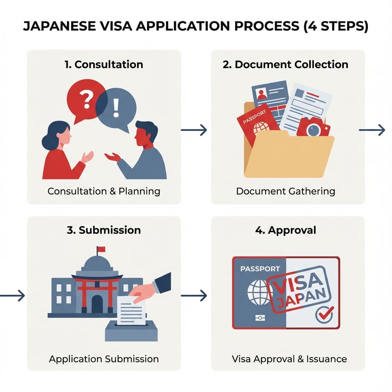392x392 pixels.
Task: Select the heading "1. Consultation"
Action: [x=104, y=64]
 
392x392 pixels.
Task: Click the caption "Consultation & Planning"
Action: [x=104, y=191]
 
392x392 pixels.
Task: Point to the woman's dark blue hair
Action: [x=54, y=134]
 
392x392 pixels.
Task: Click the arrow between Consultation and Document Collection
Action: [x=194, y=131]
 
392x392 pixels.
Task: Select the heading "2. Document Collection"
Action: [x=286, y=64]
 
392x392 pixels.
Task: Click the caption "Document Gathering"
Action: [x=286, y=191]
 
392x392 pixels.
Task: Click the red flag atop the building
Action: [x=101, y=250]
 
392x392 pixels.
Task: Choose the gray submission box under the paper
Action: [x=131, y=332]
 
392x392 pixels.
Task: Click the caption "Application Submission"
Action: [x=104, y=359]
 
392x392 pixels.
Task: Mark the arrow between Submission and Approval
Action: [x=194, y=296]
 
